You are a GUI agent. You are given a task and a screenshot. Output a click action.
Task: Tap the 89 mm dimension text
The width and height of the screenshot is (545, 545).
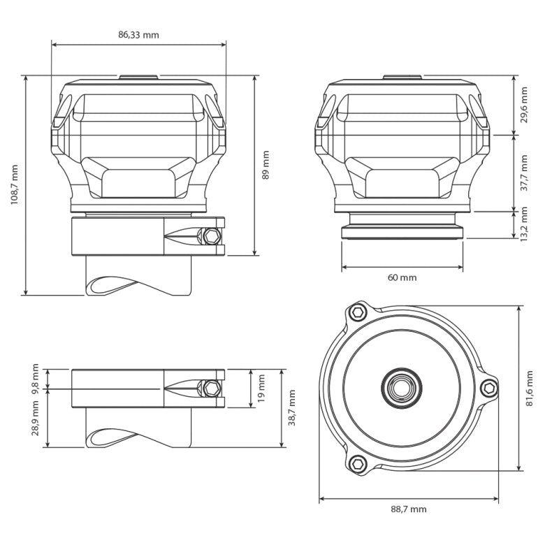tap(266, 165)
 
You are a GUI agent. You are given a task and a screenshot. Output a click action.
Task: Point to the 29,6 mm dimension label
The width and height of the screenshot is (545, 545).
tap(525, 104)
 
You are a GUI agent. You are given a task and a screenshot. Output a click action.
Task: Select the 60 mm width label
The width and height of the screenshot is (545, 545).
tap(402, 277)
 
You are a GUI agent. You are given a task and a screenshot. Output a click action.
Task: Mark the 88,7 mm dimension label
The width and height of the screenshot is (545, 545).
tap(409, 509)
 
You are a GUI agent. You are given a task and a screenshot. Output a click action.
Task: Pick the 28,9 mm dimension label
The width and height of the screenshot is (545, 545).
tap(36, 419)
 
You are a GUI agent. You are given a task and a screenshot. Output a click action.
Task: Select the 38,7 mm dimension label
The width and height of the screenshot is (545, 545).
tap(291, 407)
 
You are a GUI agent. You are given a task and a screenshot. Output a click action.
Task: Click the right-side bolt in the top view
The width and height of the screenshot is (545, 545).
tap(490, 388)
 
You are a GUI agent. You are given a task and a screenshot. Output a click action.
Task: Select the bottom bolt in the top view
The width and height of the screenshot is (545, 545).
tap(358, 462)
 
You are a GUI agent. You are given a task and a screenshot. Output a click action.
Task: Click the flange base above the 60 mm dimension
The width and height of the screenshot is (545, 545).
tap(402, 233)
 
